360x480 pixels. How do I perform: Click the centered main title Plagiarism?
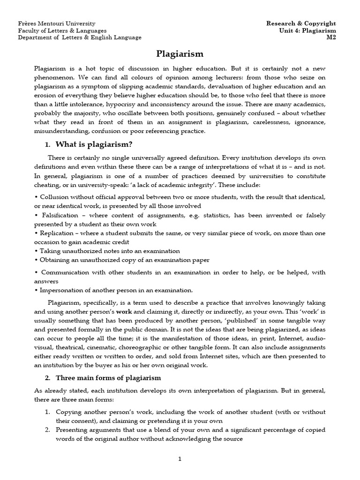[x=180, y=54]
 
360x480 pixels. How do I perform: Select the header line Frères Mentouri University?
[x=56, y=23]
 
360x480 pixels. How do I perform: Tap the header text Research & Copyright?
[x=301, y=23]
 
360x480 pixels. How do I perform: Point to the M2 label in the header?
[x=331, y=37]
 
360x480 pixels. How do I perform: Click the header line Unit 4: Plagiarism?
[x=308, y=30]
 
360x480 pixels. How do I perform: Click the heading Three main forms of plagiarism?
[x=108, y=377]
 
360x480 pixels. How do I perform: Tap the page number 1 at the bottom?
[x=180, y=459]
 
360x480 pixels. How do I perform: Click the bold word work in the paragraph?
[x=124, y=311]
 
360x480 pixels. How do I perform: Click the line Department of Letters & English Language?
[x=80, y=37]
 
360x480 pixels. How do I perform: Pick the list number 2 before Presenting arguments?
[x=47, y=429]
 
